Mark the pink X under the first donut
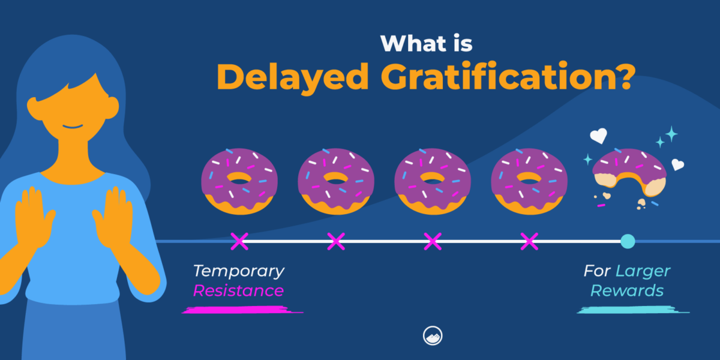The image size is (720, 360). [239, 241]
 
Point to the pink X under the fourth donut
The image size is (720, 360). [529, 241]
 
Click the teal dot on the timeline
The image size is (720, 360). [627, 241]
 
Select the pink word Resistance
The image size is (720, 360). [238, 291]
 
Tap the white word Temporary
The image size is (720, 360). [238, 271]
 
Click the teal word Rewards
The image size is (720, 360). [627, 291]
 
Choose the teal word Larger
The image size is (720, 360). [643, 271]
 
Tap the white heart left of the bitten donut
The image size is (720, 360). [598, 136]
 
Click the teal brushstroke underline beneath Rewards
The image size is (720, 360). [633, 310]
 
